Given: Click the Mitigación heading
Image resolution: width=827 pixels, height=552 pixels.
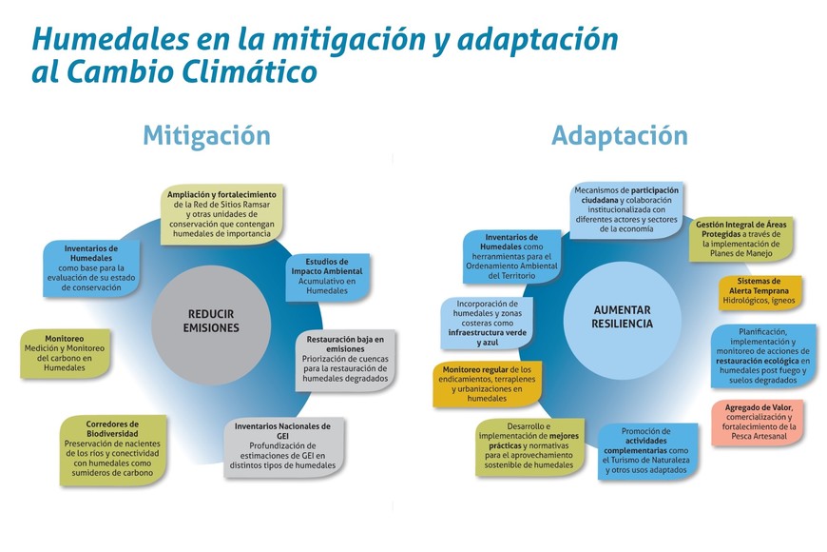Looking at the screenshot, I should pyautogui.click(x=206, y=135).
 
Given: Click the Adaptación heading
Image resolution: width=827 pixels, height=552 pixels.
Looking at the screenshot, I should pyautogui.click(x=619, y=135).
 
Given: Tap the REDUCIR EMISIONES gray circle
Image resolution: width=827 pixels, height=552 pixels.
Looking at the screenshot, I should pyautogui.click(x=211, y=321).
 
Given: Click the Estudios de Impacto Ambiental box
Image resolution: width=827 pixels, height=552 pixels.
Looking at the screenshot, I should pyautogui.click(x=327, y=276).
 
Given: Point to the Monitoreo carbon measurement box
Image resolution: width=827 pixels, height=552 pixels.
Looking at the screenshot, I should pyautogui.click(x=65, y=352).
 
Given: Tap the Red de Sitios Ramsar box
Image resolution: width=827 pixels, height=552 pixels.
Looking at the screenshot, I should pyautogui.click(x=227, y=214).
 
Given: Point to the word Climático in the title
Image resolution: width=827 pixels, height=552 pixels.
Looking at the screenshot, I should pyautogui.click(x=251, y=72).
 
